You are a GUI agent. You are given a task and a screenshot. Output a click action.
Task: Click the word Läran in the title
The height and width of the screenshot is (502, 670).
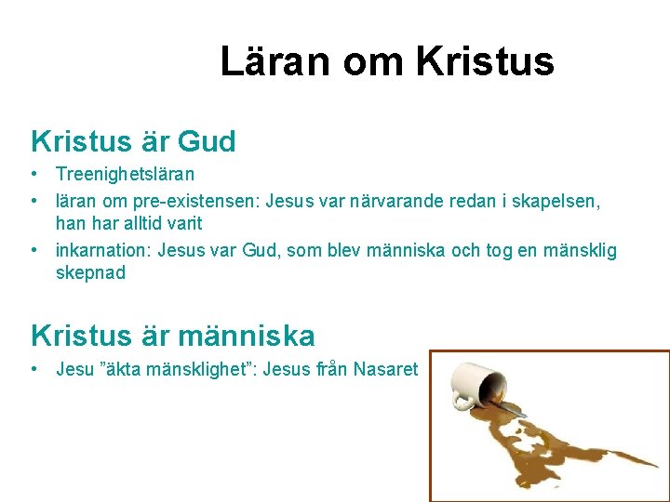276,62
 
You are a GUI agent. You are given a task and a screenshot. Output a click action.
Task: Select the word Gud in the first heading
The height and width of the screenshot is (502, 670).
207,141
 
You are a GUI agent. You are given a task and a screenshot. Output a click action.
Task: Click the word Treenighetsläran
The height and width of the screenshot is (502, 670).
125,174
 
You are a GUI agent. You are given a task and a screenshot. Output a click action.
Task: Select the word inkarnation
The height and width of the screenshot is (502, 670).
103,250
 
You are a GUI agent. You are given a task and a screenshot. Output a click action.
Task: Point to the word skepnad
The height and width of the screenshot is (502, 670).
90,274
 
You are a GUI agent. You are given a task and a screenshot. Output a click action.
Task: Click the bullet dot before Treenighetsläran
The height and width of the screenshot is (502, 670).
33,174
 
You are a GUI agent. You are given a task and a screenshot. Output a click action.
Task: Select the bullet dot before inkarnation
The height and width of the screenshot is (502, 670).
33,250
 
